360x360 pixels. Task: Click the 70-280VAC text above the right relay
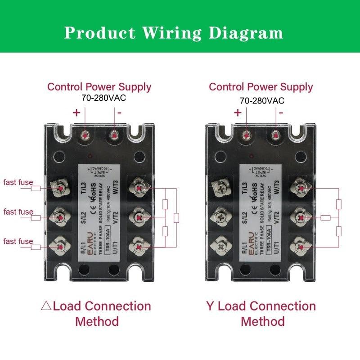pyautogui.click(x=262, y=101)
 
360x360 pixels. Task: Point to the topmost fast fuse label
pyautogui.click(x=18, y=182)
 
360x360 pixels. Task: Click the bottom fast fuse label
pyautogui.click(x=18, y=242)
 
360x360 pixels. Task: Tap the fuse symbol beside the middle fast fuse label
pyautogui.click(x=36, y=218)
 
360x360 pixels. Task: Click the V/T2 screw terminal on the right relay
pyautogui.click(x=299, y=217)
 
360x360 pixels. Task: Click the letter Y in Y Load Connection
pyautogui.click(x=210, y=306)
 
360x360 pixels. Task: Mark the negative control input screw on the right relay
pyautogui.click(x=275, y=135)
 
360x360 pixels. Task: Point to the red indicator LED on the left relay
pyautogui.click(x=91, y=157)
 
